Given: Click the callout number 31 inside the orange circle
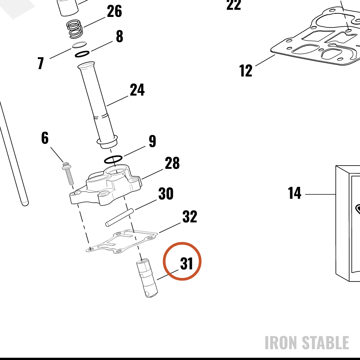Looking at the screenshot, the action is pos(186,264).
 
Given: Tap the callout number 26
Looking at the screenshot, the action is pos(114,11).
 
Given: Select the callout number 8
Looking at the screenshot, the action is pos(120,36).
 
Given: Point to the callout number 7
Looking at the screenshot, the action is pos(41,63).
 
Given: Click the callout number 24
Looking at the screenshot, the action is pos(137,90).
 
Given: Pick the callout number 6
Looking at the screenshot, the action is pos(45,138).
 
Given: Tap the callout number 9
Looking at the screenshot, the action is pos(152,141).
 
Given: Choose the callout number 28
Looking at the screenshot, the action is pos(172,163).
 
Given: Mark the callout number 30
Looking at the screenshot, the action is pos(166,194).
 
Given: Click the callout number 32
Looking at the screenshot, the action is pos(190,216).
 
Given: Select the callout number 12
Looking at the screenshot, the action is pos(246,71).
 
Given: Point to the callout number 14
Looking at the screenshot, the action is pos(294,193).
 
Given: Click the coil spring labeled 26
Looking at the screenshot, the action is pos(75,29).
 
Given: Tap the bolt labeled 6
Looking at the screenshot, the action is pos(68,174).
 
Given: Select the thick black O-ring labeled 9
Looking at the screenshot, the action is pos(113,159).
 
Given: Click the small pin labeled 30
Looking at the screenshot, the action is pos(120,217).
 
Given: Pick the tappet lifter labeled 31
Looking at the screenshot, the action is pos(147,278).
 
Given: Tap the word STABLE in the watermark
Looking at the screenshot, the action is pos(325,343).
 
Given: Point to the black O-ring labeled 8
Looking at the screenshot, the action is pos(82,54).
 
